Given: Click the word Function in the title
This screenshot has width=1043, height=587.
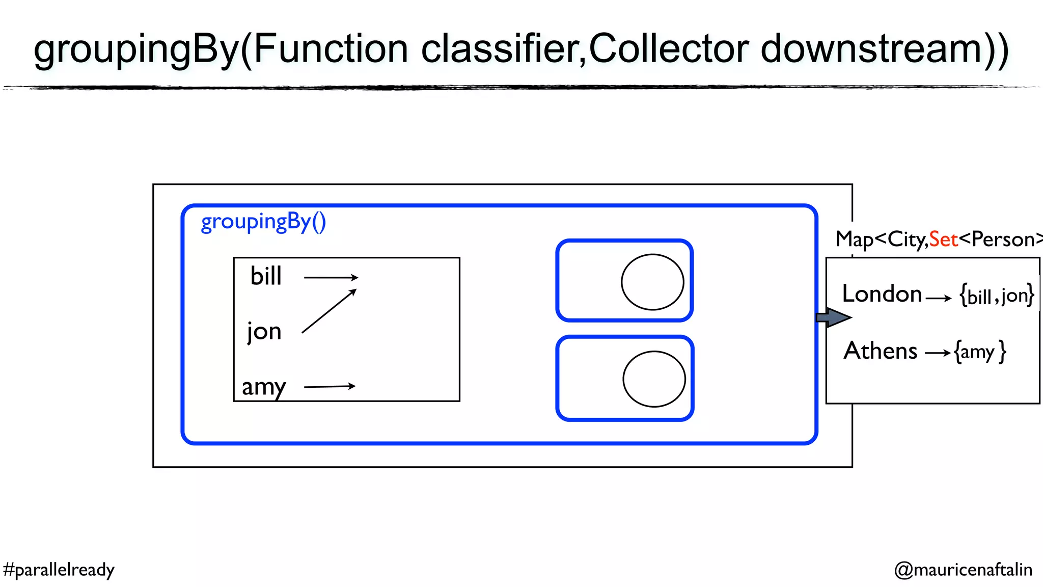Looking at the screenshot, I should (331, 49).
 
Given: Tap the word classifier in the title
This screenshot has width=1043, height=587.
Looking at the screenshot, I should (503, 49).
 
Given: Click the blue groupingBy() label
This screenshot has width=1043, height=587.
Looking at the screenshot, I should (263, 222).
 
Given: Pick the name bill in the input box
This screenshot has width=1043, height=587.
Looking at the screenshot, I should (266, 276).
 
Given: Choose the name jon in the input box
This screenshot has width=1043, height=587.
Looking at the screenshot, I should (264, 332).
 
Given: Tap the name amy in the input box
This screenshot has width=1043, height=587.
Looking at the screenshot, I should (264, 387).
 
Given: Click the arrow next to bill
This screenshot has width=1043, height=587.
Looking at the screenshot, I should (331, 278).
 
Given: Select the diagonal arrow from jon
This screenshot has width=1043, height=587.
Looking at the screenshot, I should (329, 311).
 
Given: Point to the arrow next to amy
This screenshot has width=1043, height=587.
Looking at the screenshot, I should (330, 387).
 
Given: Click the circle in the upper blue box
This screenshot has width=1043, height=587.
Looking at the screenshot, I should (652, 282).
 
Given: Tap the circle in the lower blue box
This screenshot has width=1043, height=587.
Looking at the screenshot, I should (654, 379).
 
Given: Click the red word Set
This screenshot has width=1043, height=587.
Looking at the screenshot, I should (943, 239).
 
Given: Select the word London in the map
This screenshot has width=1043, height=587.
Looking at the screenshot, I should (882, 294).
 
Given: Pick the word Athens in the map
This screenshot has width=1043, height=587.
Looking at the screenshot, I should (881, 351).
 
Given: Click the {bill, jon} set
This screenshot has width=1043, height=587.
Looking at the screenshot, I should (997, 296).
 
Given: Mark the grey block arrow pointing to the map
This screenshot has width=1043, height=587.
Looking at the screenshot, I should (833, 317).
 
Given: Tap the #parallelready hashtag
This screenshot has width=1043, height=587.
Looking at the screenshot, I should (59, 570).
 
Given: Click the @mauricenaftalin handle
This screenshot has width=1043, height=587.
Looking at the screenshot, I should (963, 570).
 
